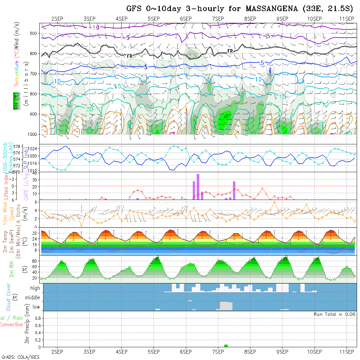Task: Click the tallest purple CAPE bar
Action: [x=198, y=187]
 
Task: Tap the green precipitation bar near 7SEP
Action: [x=226, y=346]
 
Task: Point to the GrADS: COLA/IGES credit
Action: [x=20, y=357]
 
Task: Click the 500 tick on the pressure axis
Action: [x=34, y=33]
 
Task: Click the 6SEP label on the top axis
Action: [x=186, y=19]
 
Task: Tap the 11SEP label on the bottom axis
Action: [x=347, y=352]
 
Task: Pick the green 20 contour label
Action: [x=89, y=109]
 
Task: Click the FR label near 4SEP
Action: [x=130, y=56]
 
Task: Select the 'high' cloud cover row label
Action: [x=35, y=288]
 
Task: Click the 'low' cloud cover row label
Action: [x=36, y=307]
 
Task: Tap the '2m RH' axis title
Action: [x=11, y=269]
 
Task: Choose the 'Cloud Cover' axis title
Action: [x=9, y=297]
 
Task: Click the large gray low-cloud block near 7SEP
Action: [x=226, y=306]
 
